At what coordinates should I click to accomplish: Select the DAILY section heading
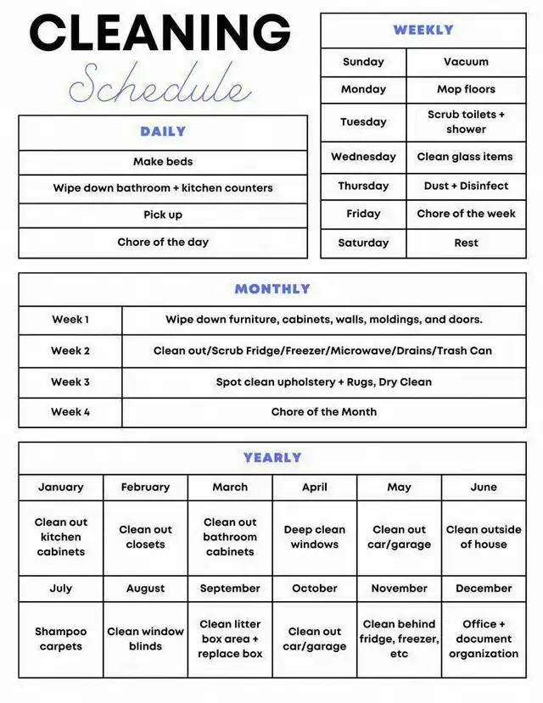pyautogui.click(x=163, y=131)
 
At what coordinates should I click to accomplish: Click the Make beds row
pyautogui.click(x=163, y=162)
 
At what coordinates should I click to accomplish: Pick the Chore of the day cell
pyautogui.click(x=163, y=243)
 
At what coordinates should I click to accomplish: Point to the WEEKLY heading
pyautogui.click(x=423, y=30)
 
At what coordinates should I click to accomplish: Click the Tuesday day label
pyautogui.click(x=363, y=122)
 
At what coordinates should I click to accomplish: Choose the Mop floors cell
pyautogui.click(x=466, y=89)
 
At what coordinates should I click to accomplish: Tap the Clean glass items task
pyautogui.click(x=465, y=157)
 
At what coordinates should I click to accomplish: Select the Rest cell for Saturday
pyautogui.click(x=466, y=243)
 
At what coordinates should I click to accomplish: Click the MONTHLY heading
pyautogui.click(x=272, y=289)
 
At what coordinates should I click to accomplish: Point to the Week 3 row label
pyautogui.click(x=70, y=382)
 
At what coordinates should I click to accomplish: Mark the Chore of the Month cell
pyautogui.click(x=323, y=412)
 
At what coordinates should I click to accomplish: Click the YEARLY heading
pyautogui.click(x=272, y=458)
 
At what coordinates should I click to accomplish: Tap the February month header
pyautogui.click(x=145, y=488)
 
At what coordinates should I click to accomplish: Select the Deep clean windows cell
pyautogui.click(x=315, y=537)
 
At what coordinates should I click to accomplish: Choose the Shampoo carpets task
pyautogui.click(x=61, y=639)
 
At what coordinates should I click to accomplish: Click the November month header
pyautogui.click(x=399, y=589)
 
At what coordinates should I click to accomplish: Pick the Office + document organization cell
pyautogui.click(x=484, y=639)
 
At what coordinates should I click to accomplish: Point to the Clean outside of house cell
pyautogui.click(x=484, y=537)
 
